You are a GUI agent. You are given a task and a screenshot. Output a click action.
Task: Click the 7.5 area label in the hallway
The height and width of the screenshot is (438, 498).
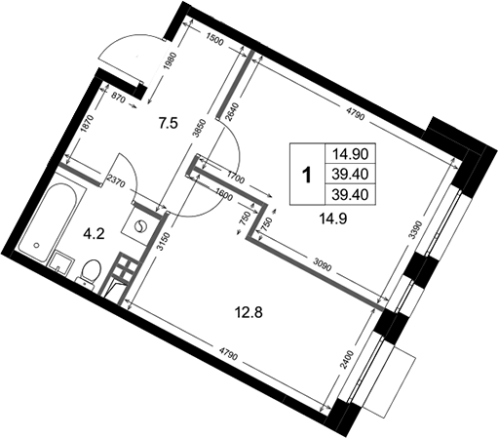[169, 124]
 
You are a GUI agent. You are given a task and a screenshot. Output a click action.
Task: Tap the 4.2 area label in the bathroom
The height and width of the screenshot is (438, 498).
[94, 234]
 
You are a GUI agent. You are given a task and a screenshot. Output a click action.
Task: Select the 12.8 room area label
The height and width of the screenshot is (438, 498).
[249, 313]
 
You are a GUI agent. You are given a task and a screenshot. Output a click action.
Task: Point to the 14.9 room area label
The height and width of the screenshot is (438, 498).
[333, 219]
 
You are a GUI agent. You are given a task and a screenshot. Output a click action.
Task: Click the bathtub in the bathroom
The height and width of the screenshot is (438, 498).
[48, 222]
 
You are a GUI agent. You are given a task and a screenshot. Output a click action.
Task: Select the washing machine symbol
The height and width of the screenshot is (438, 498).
[140, 226]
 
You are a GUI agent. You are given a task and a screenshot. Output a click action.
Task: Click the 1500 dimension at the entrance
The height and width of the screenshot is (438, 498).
[215, 40]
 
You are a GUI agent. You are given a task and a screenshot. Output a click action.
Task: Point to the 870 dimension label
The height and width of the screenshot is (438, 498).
[118, 98]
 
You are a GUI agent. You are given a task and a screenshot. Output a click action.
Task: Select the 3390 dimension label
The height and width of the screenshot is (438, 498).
[417, 230]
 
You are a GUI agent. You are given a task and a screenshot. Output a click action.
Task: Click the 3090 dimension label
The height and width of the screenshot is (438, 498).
[322, 263]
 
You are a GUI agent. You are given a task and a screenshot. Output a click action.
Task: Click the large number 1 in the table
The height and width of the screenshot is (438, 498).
[307, 175]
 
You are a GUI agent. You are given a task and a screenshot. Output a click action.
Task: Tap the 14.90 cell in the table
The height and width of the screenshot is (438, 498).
[350, 154]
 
